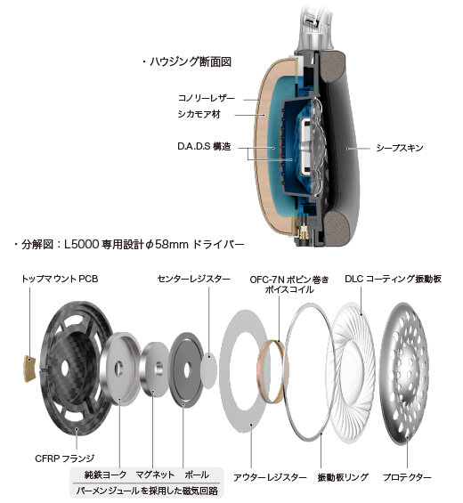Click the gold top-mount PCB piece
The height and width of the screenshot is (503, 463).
(30, 369)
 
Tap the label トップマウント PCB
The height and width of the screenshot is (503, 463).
(60, 279)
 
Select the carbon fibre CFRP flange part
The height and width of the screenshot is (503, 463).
(77, 369)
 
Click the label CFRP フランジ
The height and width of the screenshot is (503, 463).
(64, 458)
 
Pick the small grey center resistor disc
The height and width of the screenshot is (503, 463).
(208, 370)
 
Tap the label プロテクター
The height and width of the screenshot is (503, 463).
(407, 477)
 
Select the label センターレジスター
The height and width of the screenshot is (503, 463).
(194, 279)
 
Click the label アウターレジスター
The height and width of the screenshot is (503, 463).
(270, 477)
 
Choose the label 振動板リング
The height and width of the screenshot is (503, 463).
(343, 477)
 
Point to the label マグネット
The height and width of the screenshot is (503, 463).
(155, 475)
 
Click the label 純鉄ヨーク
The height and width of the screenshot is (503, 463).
(105, 475)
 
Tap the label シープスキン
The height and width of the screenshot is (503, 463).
(400, 148)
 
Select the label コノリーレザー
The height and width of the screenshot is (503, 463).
(207, 98)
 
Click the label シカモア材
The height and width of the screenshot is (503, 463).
(199, 114)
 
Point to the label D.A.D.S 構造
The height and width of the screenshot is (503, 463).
(204, 147)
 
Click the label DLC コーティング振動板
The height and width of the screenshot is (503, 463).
(393, 279)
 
